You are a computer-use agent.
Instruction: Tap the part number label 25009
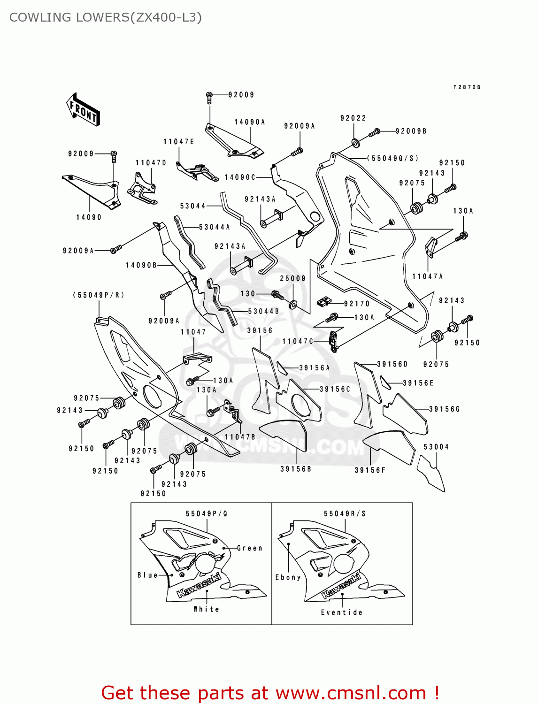(x=292, y=278)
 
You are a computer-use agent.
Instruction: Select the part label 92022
(x=353, y=118)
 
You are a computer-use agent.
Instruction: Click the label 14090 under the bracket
(x=89, y=217)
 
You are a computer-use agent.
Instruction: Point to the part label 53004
(x=436, y=447)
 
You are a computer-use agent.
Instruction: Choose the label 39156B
(x=296, y=469)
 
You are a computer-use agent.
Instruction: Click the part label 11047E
(x=179, y=142)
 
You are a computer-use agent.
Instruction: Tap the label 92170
(x=357, y=304)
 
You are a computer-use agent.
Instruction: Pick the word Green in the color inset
(x=250, y=548)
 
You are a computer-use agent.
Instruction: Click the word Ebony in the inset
(x=288, y=577)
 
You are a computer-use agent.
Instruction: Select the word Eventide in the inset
(x=342, y=612)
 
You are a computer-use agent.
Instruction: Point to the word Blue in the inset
(x=147, y=575)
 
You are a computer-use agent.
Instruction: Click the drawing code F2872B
(x=467, y=87)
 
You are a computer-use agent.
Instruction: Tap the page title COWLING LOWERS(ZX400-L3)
(x=106, y=17)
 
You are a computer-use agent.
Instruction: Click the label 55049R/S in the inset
(x=345, y=514)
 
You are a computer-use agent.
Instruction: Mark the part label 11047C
(x=298, y=341)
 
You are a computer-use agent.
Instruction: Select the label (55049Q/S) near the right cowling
(x=392, y=159)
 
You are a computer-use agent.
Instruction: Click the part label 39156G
(x=444, y=409)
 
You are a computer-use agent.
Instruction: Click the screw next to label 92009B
(x=375, y=133)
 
